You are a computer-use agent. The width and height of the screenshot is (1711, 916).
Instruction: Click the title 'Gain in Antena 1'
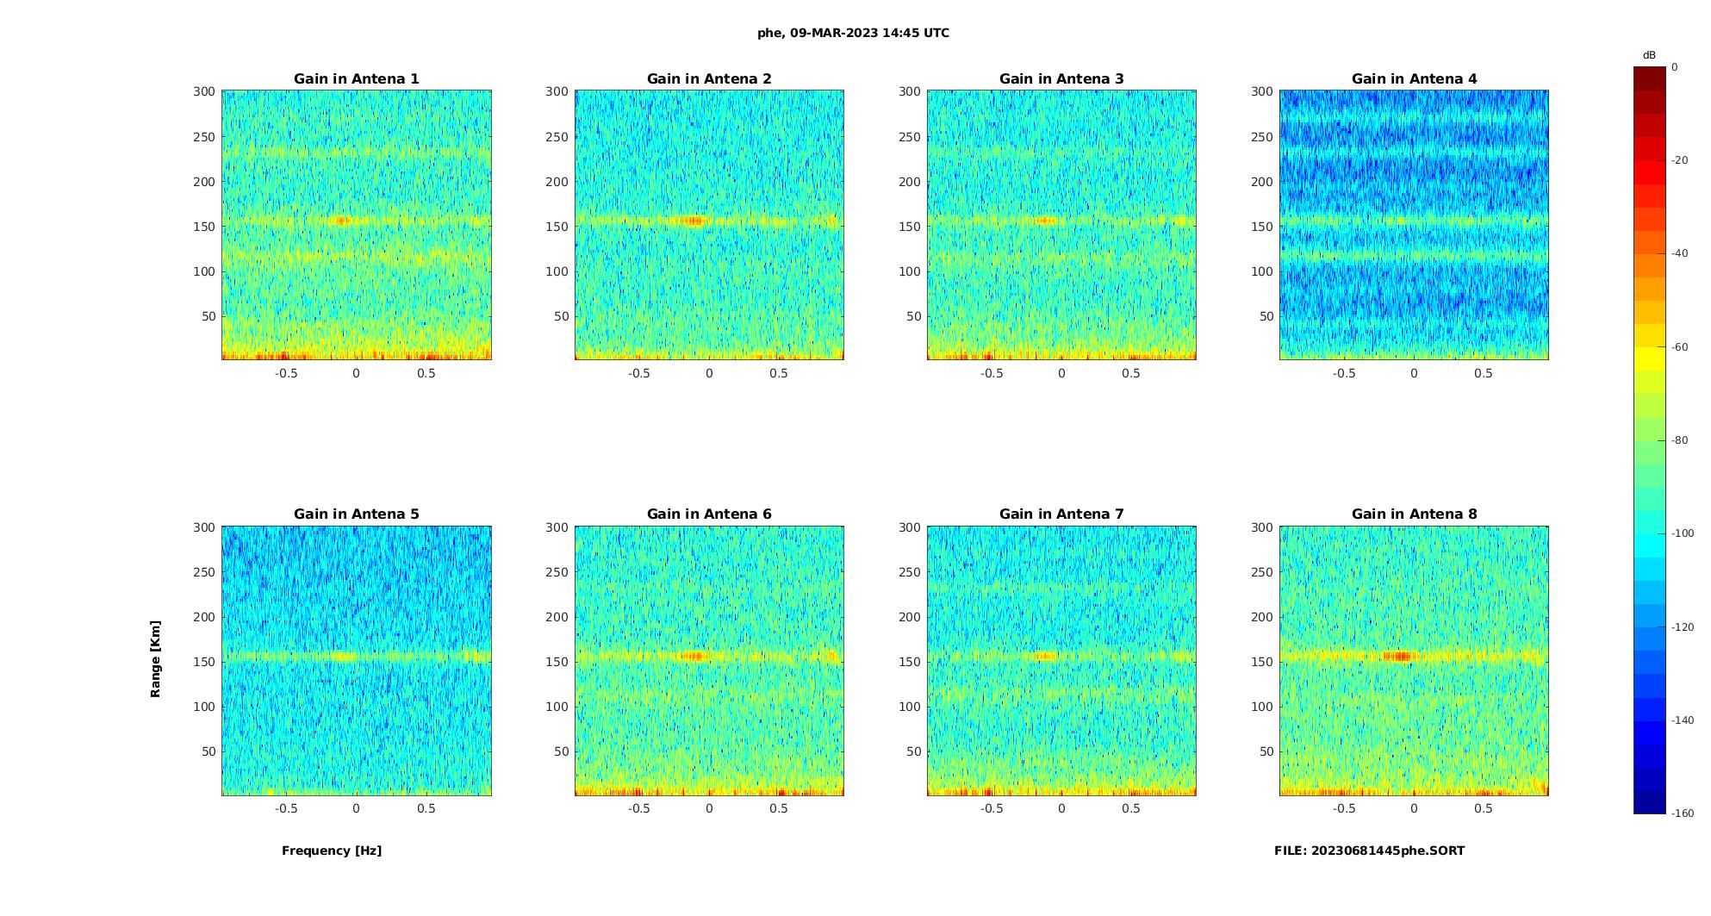point(356,79)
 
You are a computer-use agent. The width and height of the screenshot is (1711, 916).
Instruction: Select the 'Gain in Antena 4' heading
point(1414,79)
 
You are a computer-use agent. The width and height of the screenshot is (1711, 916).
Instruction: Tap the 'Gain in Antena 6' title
point(709,514)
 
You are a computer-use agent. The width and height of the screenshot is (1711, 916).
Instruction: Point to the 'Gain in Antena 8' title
point(1414,514)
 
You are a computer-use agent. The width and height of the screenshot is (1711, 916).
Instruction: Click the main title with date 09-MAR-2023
point(853,34)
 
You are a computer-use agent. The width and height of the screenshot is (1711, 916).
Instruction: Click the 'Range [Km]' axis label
point(156,658)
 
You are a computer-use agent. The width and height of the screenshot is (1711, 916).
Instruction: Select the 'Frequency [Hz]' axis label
point(332,851)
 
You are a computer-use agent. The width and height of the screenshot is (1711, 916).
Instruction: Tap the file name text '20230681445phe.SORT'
point(1387,851)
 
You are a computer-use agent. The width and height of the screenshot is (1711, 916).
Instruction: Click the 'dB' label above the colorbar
point(1649,55)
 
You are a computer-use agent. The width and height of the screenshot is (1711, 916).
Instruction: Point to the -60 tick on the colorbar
point(1679,347)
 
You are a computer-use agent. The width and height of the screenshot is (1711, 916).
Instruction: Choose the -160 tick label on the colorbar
point(1682,813)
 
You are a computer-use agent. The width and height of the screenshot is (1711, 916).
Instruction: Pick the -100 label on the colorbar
point(1682,533)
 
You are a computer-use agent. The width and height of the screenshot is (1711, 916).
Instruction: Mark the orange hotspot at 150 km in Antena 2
point(693,221)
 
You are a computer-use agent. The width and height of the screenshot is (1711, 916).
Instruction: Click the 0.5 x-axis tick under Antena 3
point(1130,373)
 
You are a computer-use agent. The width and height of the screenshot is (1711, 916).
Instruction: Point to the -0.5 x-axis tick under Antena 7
point(992,808)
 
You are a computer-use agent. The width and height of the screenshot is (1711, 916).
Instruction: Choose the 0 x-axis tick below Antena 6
point(709,808)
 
